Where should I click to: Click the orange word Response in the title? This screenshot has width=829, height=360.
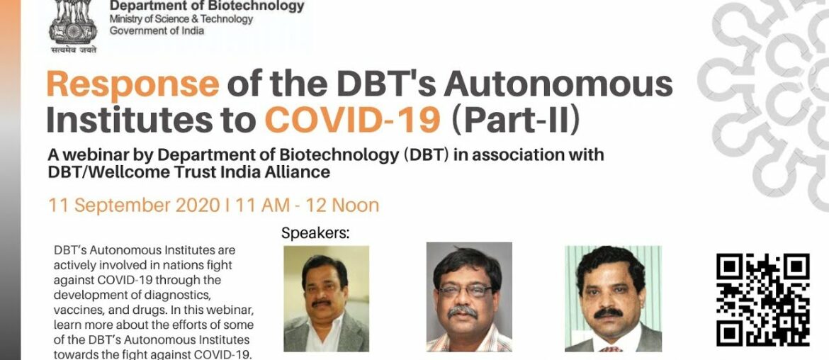132,85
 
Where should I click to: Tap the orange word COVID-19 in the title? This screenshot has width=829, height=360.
352,120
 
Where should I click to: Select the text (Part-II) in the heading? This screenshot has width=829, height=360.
516,120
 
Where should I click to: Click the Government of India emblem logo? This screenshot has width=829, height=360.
73,27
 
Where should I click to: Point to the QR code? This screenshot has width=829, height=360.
762,300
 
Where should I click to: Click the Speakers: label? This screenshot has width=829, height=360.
316,233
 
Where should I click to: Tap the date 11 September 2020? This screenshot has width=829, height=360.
130,206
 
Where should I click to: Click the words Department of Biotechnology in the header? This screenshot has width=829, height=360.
206,6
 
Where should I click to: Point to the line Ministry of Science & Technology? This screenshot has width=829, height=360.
181,19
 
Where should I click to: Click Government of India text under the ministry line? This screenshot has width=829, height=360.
157,30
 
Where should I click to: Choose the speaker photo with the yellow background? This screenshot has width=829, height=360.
326,298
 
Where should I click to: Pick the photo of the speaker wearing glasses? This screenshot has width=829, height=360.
468,297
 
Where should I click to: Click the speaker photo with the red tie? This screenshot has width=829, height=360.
612,298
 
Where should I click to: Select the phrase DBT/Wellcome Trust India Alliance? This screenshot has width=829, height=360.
188,171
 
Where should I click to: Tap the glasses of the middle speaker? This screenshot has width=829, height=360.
465,291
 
